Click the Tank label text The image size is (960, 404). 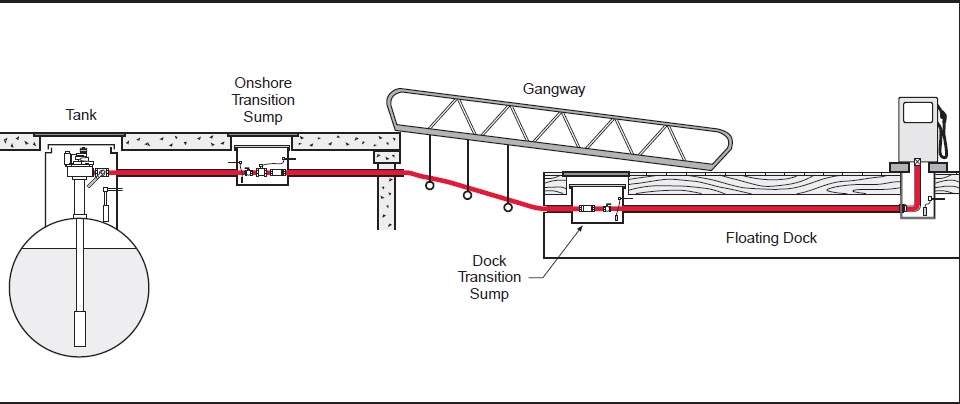pyautogui.click(x=81, y=115)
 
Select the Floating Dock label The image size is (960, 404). pyautogui.click(x=771, y=238)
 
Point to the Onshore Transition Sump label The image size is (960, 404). pyautogui.click(x=263, y=98)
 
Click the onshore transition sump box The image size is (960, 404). pyautogui.click(x=263, y=166)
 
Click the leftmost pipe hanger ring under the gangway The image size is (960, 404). pyautogui.click(x=428, y=184)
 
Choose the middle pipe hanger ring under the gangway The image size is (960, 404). pyautogui.click(x=468, y=197)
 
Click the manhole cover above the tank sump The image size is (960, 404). pyautogui.click(x=80, y=134)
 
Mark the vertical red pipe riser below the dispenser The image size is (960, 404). pyautogui.click(x=917, y=185)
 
